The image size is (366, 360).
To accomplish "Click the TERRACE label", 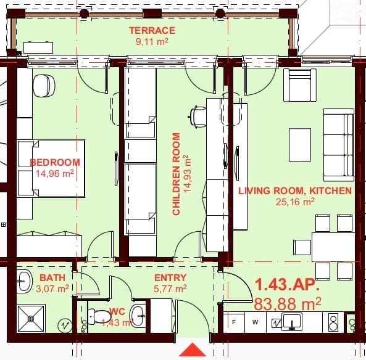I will click(x=151, y=30).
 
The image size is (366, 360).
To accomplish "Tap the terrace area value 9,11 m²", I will click(x=151, y=41).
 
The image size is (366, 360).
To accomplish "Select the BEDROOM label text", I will click(x=55, y=163).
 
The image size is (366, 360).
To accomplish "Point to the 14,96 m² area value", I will click(x=55, y=174).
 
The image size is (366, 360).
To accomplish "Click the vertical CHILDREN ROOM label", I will click(x=177, y=174).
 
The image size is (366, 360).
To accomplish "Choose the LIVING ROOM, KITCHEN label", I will click(x=295, y=190).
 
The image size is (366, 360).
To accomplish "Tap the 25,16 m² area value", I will click(x=295, y=201).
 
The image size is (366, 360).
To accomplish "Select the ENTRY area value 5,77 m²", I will click(x=170, y=288).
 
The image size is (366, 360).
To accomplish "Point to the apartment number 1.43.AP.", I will click(x=287, y=285).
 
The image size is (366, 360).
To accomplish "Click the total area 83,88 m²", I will click(x=288, y=303).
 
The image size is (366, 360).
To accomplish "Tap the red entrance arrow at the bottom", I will click(x=192, y=351).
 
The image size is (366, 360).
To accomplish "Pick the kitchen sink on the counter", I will click(x=291, y=321).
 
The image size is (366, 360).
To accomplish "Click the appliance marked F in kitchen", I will click(x=234, y=322).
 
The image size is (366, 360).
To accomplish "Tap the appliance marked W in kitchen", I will click(x=255, y=322).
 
